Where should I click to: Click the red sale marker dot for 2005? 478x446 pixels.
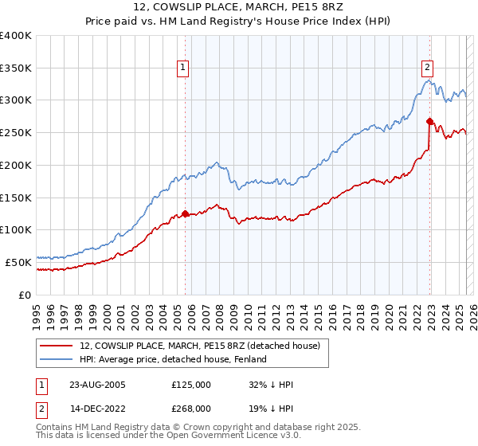coord(185,213)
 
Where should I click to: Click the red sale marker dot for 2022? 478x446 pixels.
coord(429,121)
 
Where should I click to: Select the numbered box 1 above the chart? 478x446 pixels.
coord(183,68)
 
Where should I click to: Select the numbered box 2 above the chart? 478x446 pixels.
coord(428,68)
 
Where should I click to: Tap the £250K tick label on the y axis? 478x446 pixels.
coord(16,133)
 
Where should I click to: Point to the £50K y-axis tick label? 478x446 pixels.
coord(19,262)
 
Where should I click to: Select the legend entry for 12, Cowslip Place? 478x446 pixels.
coord(199,346)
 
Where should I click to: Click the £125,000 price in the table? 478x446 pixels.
coord(190,385)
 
